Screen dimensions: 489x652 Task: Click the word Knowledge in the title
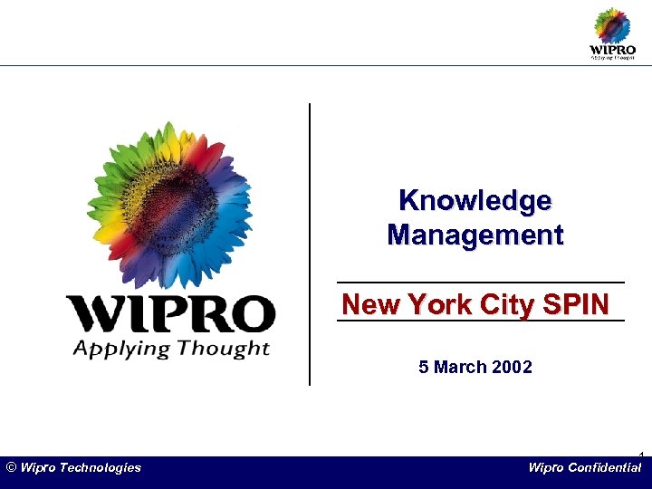click(475, 200)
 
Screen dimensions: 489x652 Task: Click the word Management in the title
click(475, 235)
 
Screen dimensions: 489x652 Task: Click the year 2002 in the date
click(511, 367)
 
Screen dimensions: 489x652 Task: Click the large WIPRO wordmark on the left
click(170, 314)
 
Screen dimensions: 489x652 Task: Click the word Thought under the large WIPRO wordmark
click(224, 348)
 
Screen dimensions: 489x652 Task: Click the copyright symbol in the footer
click(11, 467)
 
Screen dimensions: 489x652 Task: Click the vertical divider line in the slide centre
click(310, 244)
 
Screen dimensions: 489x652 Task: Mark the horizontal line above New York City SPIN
click(480, 283)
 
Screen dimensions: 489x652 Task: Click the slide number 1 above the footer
click(640, 454)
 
